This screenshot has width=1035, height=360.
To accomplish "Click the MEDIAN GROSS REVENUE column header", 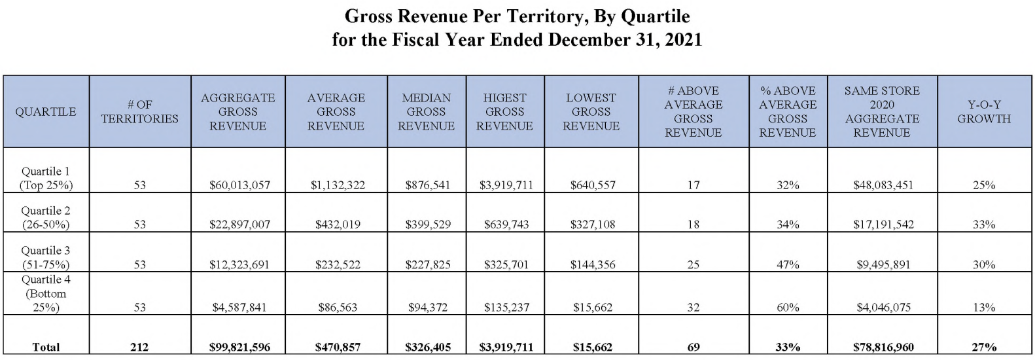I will (x=426, y=112).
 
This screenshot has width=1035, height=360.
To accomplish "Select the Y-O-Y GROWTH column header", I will (x=983, y=112).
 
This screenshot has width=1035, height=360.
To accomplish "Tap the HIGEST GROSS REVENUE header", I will (x=504, y=112).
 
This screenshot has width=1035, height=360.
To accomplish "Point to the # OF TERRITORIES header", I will (x=140, y=112).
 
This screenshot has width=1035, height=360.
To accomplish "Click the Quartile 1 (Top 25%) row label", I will (x=46, y=178).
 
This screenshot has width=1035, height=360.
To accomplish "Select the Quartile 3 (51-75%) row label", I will (x=46, y=257).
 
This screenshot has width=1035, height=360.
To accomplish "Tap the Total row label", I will (x=46, y=348).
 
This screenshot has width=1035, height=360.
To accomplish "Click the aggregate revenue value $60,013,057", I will (x=239, y=185).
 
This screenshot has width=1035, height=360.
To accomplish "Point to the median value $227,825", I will (x=428, y=265).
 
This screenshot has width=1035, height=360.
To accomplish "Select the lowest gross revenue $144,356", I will (x=593, y=265).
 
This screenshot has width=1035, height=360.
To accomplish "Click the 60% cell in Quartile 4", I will (x=788, y=307).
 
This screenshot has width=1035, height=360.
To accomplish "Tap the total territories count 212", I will (x=139, y=348).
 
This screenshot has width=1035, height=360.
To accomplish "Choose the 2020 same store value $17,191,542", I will (x=883, y=225).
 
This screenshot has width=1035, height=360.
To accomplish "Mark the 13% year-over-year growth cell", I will (x=984, y=307).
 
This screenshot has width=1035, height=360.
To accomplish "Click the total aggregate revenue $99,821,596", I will (x=239, y=348).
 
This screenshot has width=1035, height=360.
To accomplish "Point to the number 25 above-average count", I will (x=693, y=265).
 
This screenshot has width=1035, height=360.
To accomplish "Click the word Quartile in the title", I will (x=655, y=16).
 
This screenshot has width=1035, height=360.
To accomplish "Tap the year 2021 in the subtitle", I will (x=683, y=40).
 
